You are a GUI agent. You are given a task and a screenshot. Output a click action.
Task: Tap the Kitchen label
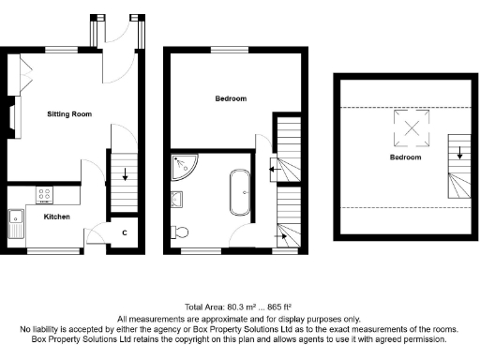coord(57,216)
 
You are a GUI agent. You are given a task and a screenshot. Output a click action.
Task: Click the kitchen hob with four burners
coord(44,195)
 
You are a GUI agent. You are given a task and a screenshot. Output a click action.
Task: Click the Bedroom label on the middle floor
coord(231,98)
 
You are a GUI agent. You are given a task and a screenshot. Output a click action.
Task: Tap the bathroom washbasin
coord(177,198)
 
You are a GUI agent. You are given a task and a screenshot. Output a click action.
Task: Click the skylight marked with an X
coord(410,128)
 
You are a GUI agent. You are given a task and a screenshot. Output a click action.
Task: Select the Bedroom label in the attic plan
coord(406,157)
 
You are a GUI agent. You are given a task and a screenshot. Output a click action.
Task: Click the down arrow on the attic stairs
coord(460,147)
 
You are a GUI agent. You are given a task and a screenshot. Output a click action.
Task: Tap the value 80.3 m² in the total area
coord(241,307)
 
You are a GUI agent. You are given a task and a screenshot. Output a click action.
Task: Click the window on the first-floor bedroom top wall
coord(223,50)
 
